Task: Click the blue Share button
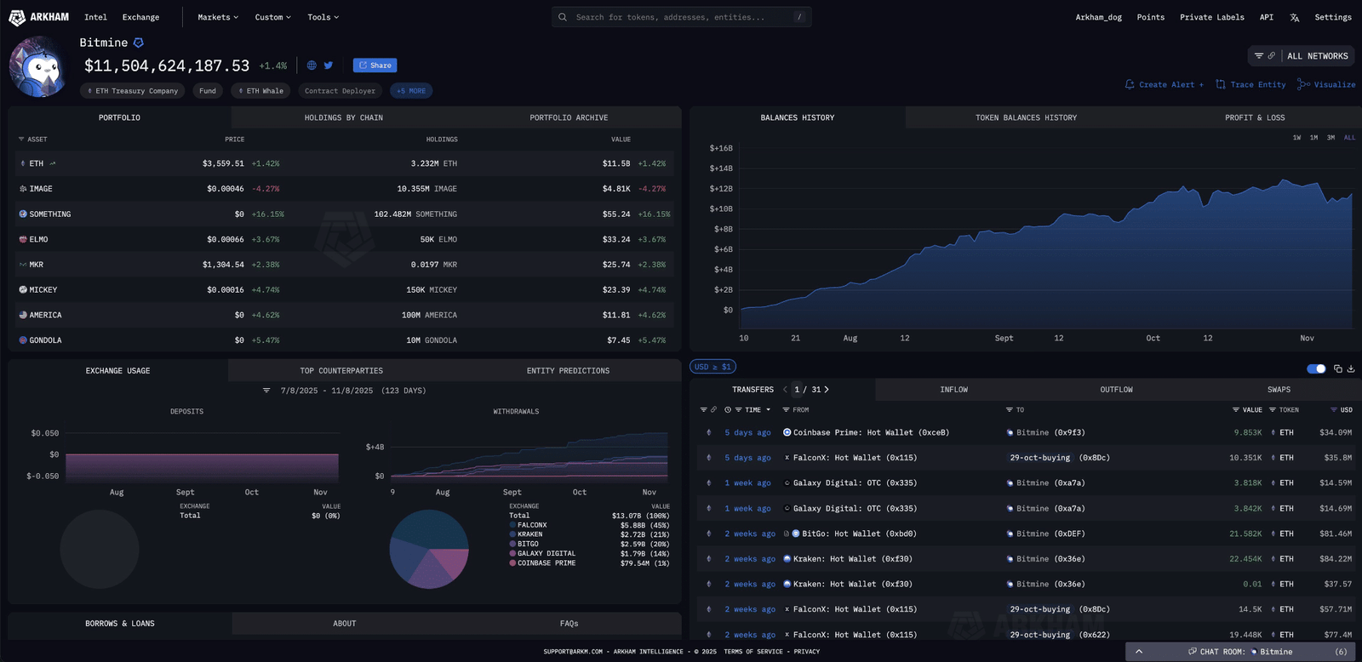375,65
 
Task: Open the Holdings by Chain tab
344,117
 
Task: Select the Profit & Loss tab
1255,117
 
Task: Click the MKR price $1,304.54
222,265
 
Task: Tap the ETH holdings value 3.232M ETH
433,163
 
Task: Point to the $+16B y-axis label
721,148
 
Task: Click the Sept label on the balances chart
1004,338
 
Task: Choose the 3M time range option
1331,138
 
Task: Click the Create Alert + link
1164,84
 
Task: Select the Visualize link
1326,84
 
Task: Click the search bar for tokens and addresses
681,17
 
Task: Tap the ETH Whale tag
260,90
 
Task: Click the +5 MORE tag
411,90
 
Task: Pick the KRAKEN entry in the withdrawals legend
529,534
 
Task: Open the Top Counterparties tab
341,370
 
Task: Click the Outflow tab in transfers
1116,389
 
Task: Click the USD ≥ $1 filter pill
712,367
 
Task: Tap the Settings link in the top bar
1333,17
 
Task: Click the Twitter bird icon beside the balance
329,65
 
